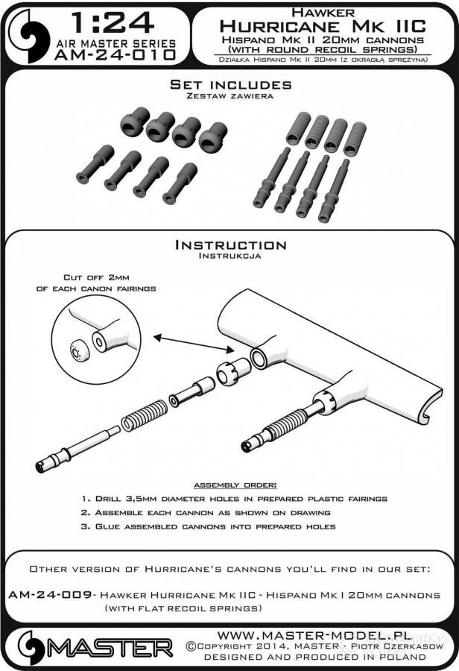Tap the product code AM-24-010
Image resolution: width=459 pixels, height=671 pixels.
point(115,54)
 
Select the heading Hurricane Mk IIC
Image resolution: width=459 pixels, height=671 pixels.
point(323,27)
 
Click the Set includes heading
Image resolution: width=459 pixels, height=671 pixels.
point(230,84)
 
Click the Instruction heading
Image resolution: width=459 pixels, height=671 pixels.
point(230,245)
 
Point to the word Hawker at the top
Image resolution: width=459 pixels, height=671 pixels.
point(323,13)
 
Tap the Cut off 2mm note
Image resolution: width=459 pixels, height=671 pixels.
point(96,283)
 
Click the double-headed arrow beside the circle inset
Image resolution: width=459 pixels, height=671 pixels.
point(193,344)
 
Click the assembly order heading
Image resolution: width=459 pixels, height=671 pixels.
point(235,485)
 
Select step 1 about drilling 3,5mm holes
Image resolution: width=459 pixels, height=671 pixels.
point(235,499)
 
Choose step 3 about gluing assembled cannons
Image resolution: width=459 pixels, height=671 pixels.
point(209,527)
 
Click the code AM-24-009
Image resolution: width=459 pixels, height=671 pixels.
point(50,595)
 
